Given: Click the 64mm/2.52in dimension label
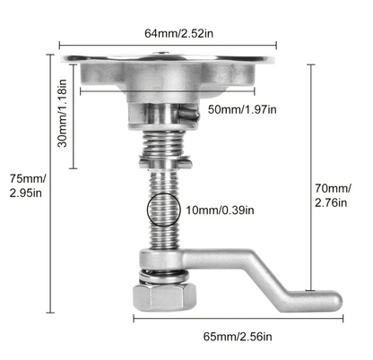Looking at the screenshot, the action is tap(178, 33).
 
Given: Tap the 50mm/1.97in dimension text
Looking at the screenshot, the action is tap(242, 109).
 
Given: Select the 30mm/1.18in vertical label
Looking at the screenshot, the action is tap(63, 113).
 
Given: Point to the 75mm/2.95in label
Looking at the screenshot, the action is tap(28, 185).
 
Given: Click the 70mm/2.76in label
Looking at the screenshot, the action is tap(333, 195).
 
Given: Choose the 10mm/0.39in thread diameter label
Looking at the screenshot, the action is tap(220, 210).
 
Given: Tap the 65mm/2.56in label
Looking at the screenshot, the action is tap(238, 337).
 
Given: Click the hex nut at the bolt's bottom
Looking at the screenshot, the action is tap(164, 296).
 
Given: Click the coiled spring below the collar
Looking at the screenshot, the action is tap(163, 144).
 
